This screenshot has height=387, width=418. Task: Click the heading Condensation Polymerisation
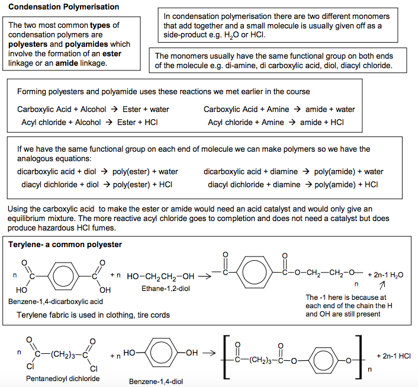(64, 7)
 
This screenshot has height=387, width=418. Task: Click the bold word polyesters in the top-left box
(28, 44)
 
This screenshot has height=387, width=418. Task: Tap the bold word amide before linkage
(67, 63)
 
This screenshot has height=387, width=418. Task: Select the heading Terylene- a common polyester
(65, 245)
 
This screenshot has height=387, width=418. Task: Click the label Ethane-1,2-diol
(166, 289)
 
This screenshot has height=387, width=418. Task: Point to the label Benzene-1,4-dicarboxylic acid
(56, 302)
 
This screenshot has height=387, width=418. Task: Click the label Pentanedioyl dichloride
(63, 379)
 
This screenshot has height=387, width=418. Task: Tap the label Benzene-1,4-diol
(156, 382)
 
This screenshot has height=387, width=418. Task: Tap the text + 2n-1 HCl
(394, 356)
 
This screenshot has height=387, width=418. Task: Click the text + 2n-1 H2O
(385, 275)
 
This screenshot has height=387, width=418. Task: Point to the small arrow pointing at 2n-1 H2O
(382, 285)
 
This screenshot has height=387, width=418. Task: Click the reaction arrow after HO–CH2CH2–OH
(205, 276)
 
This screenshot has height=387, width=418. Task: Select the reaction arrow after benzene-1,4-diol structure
(209, 353)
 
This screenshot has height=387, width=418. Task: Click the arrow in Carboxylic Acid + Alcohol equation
(114, 109)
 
